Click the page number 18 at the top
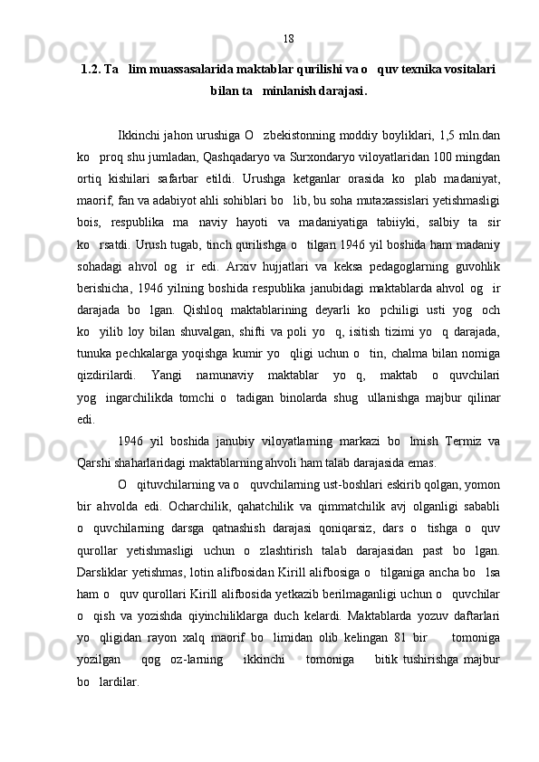tap(288, 38)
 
